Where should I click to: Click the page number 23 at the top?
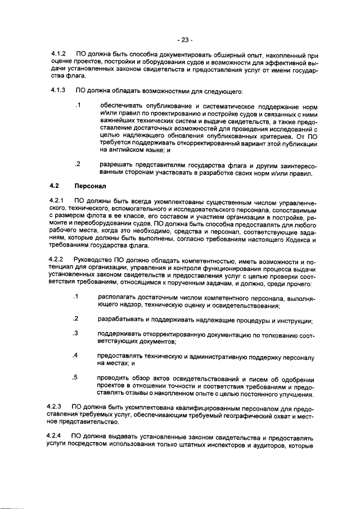tap(184, 40)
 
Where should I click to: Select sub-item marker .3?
tap(76, 334)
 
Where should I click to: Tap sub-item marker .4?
tap(76, 355)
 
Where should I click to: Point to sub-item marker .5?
tap(76, 377)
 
